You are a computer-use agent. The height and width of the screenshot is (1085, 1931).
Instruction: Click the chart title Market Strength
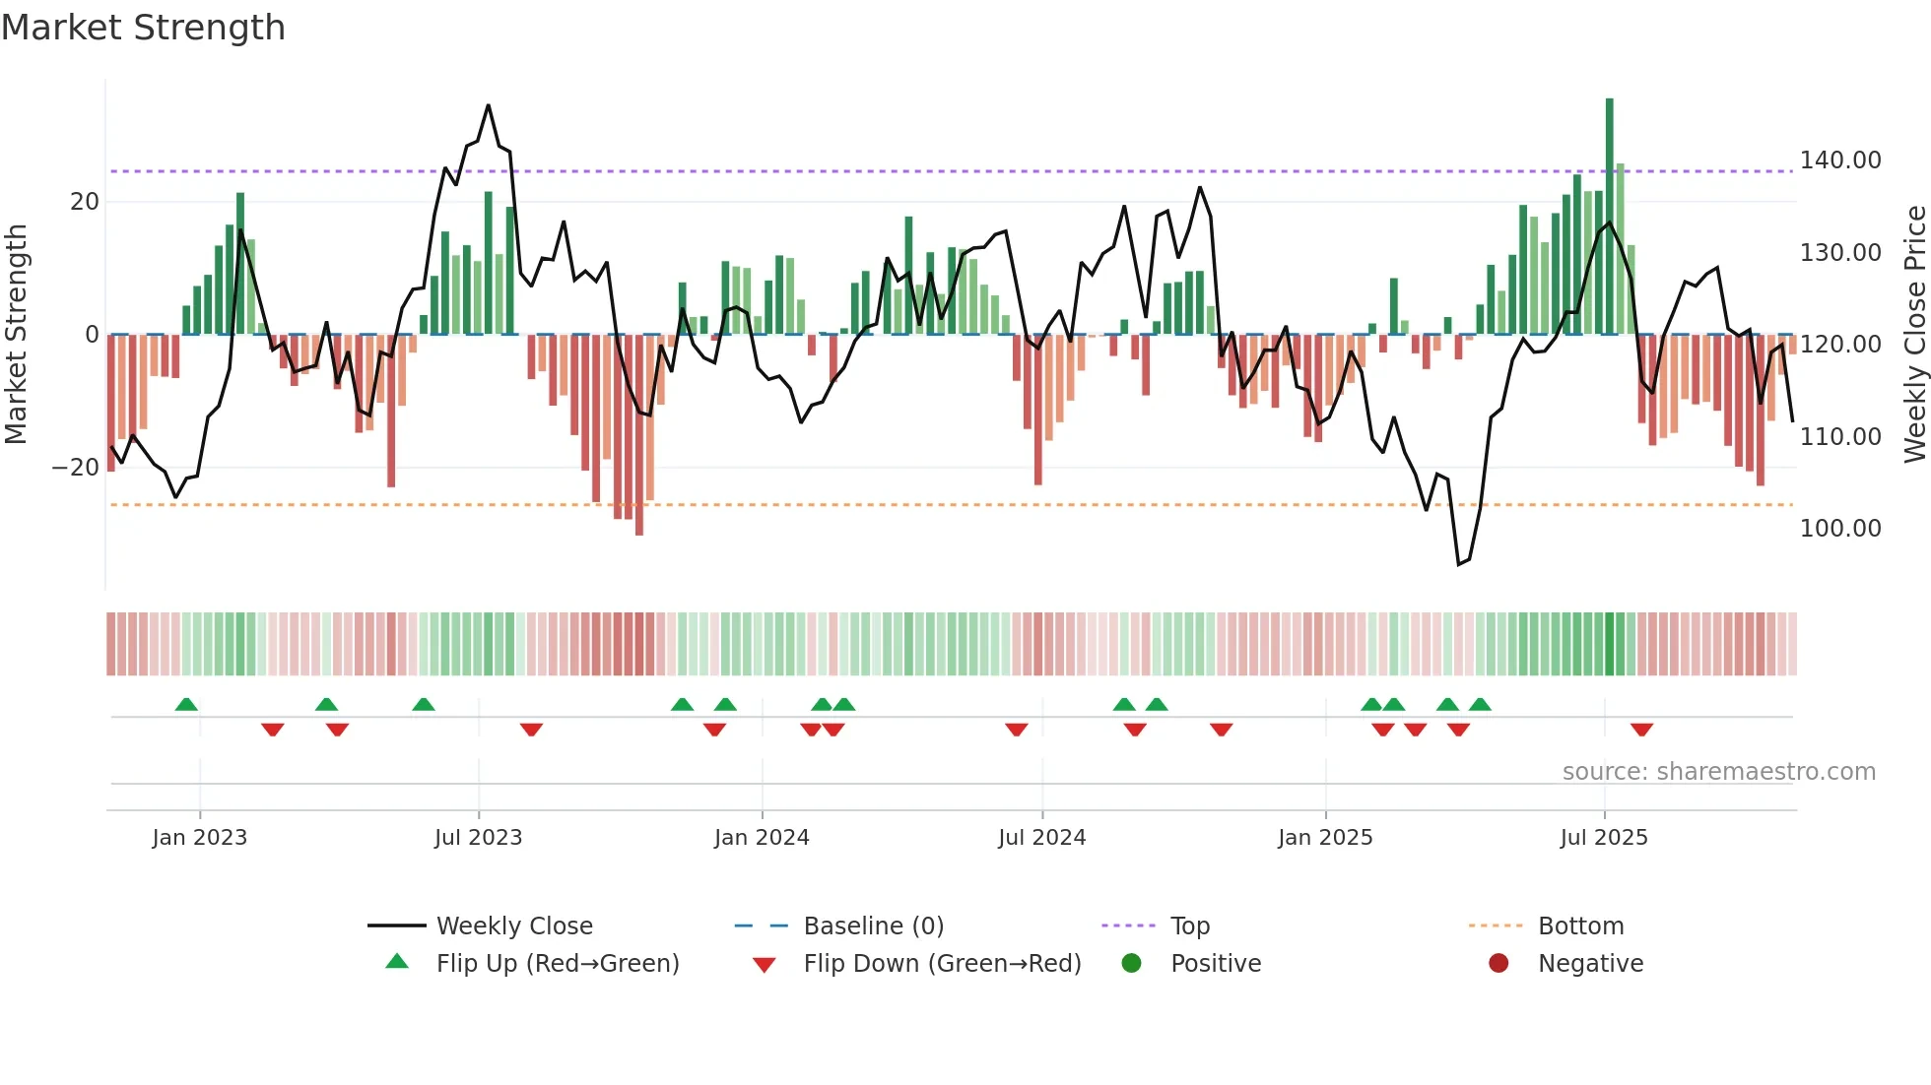[x=143, y=28]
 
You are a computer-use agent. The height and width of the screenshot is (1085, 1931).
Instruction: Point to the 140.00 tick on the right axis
[x=1839, y=160]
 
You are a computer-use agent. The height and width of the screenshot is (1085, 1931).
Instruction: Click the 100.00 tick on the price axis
[x=1839, y=529]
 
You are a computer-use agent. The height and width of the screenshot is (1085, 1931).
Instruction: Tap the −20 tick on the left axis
[x=76, y=468]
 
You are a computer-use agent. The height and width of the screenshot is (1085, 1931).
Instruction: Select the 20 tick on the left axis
[x=85, y=202]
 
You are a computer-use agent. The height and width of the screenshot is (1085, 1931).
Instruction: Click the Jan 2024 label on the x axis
[x=762, y=838]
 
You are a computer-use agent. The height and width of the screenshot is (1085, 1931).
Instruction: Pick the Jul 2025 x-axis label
[x=1603, y=838]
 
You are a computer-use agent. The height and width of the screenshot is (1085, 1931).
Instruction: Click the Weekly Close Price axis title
[x=1914, y=335]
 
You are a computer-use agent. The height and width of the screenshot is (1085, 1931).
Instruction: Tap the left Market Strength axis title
[x=16, y=335]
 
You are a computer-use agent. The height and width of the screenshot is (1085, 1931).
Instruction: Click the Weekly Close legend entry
[x=513, y=926]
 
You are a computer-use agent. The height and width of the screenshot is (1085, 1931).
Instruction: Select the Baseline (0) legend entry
[x=873, y=926]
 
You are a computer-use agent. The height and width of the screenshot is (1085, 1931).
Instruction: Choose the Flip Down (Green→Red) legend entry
[x=941, y=964]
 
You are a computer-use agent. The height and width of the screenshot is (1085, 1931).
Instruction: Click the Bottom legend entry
[x=1580, y=926]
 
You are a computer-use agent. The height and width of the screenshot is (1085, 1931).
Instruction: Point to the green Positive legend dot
[x=1131, y=964]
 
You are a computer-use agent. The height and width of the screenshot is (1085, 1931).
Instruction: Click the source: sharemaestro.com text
[x=1718, y=772]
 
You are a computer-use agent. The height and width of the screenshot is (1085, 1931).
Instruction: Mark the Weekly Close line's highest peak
[x=488, y=105]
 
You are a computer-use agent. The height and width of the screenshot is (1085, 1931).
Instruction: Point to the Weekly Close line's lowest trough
[x=1459, y=564]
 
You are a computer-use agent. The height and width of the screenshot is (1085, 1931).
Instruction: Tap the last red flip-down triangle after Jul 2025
[x=1641, y=730]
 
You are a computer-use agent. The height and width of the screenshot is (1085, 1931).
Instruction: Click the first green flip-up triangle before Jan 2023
[x=186, y=704]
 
